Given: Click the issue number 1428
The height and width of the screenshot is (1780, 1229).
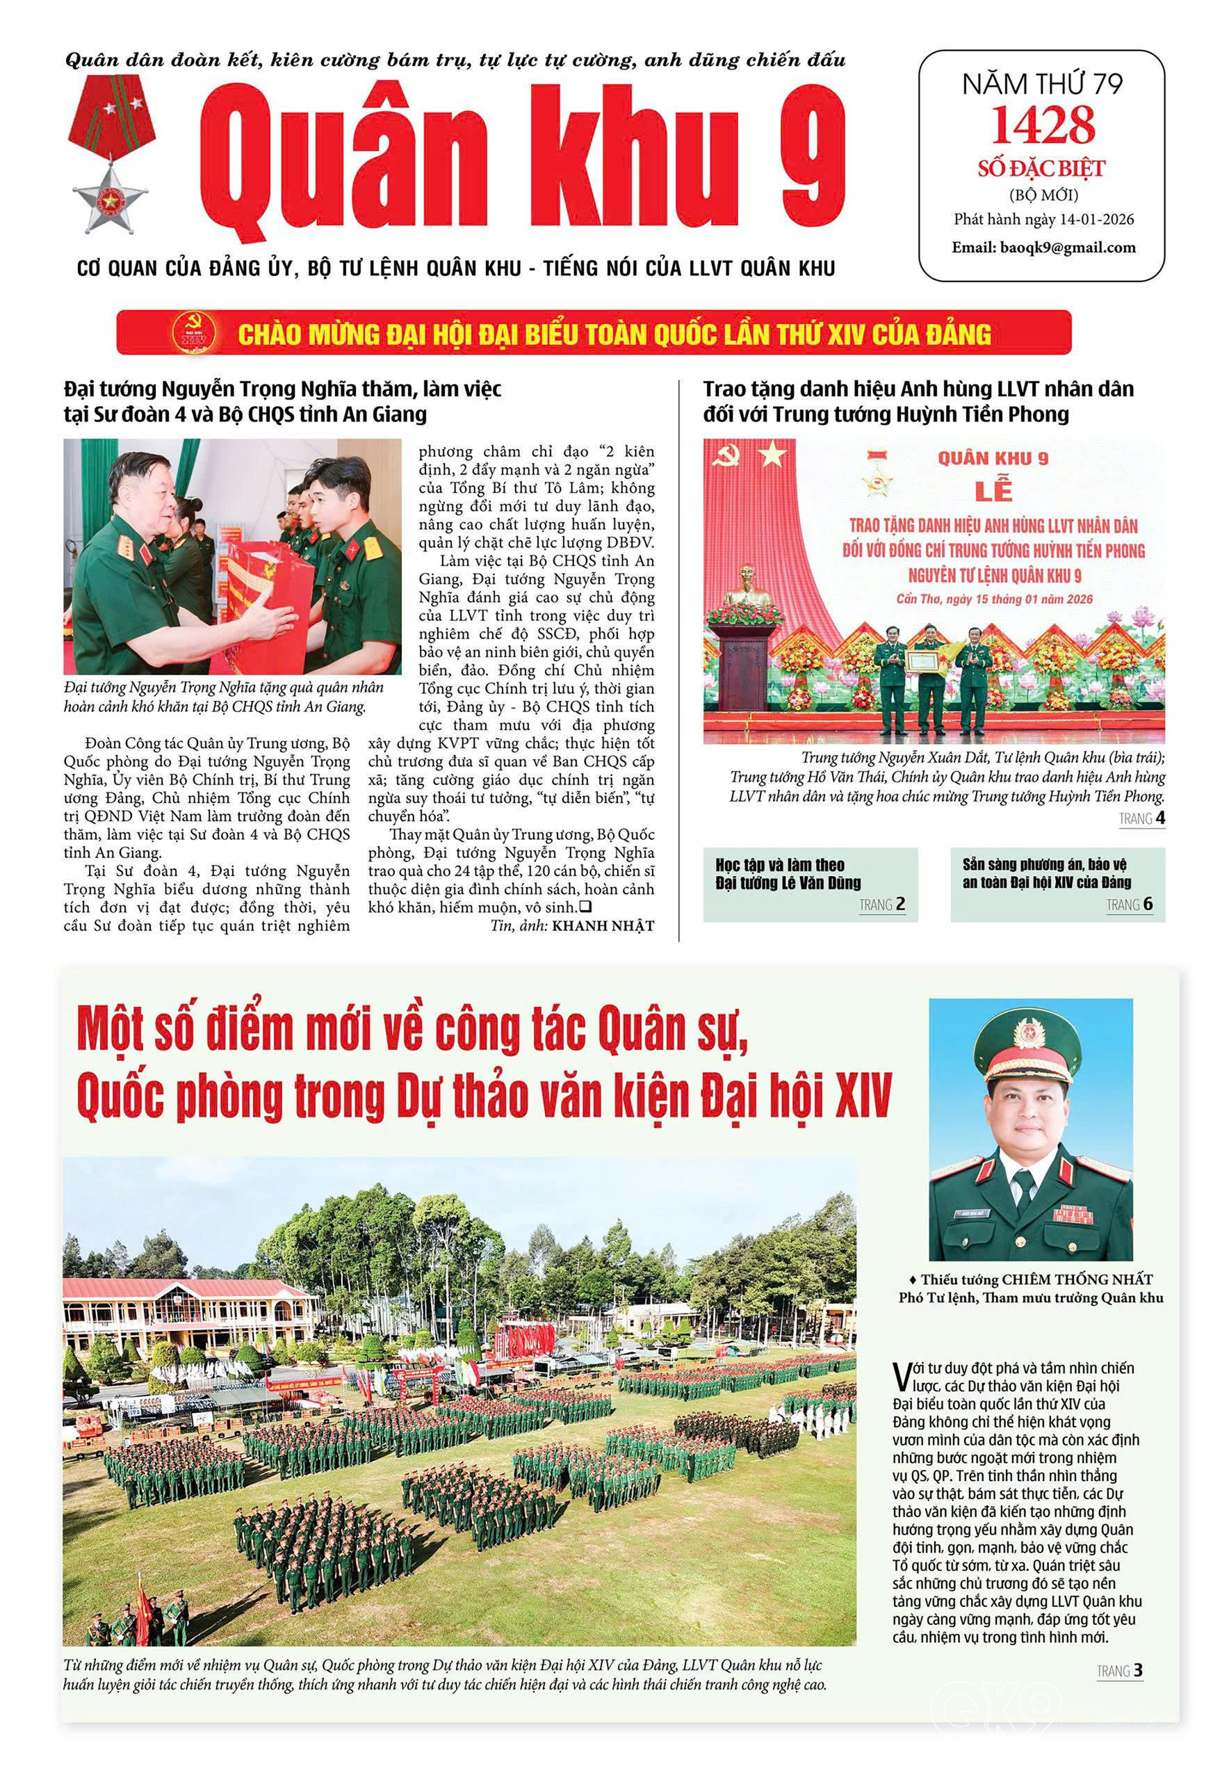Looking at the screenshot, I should [1043, 126].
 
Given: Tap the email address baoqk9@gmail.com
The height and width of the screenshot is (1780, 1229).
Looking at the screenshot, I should [1068, 248].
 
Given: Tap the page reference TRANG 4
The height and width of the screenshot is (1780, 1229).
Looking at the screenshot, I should [1141, 819].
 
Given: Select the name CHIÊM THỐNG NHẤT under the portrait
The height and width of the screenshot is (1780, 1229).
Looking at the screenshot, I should [1077, 1279].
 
